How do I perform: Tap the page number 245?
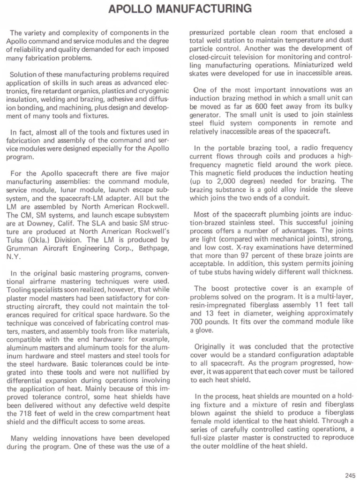(x=350, y=474)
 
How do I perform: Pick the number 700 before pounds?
(x=199, y=322)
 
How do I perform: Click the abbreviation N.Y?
(x=13, y=257)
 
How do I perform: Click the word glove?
(x=206, y=330)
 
